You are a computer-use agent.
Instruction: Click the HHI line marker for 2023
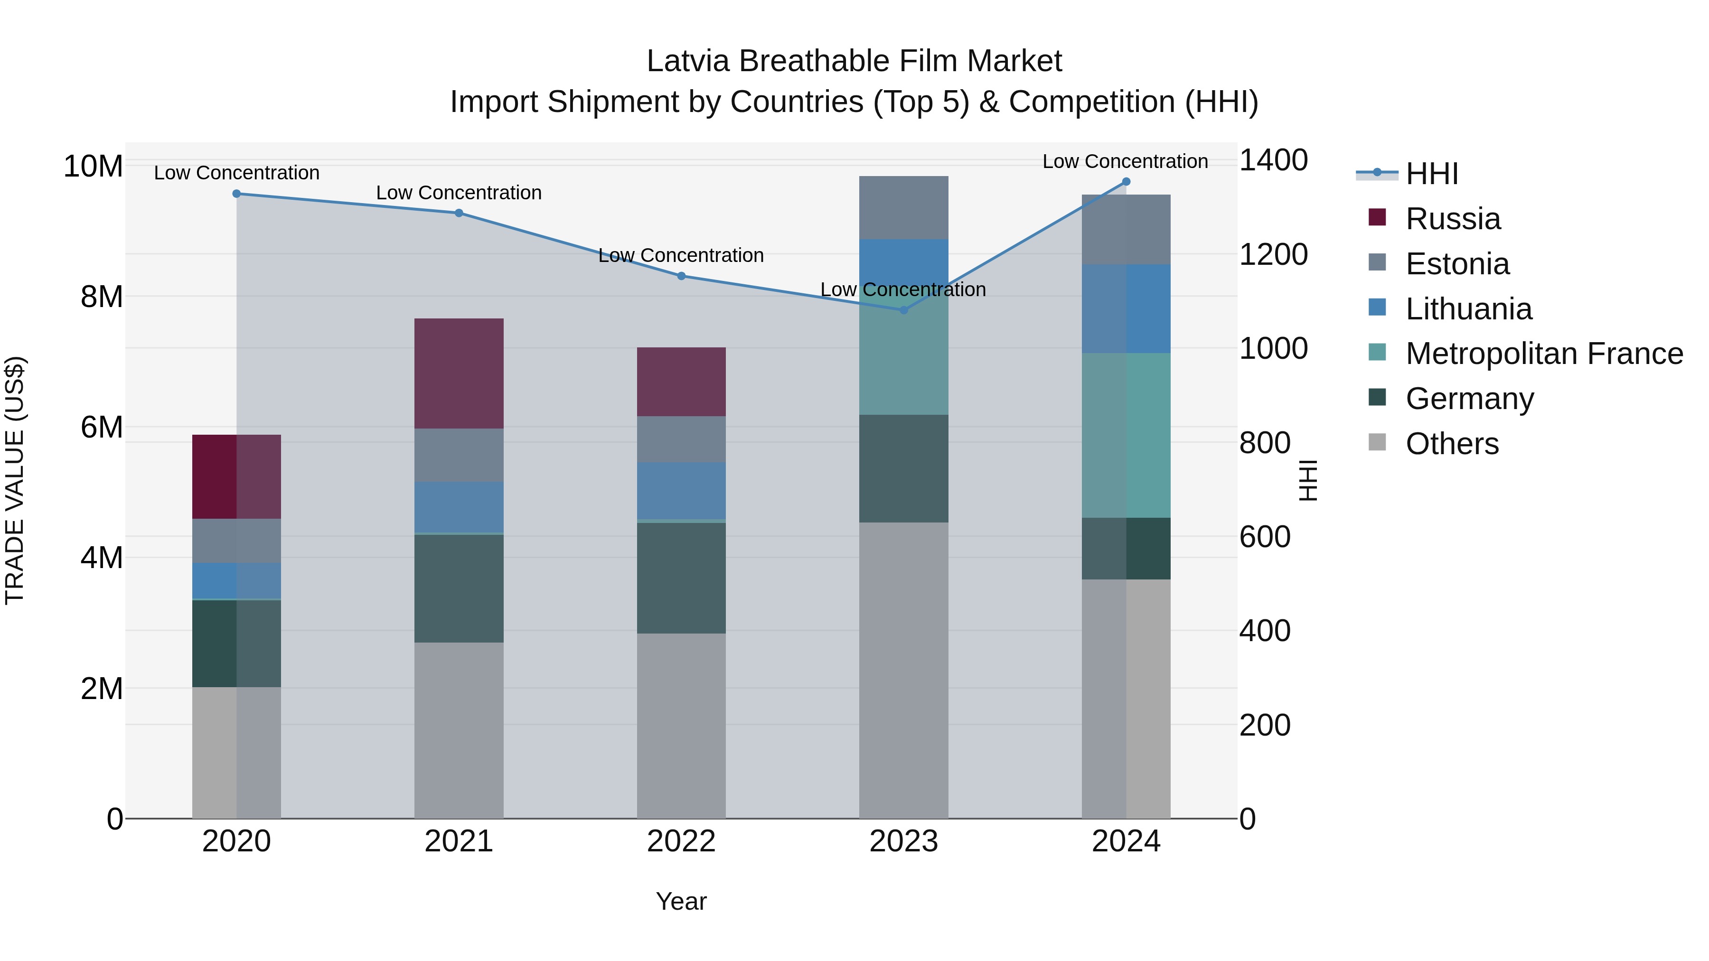[x=903, y=310]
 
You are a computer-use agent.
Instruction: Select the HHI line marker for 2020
[x=237, y=194]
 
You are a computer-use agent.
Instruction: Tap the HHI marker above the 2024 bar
[x=1126, y=182]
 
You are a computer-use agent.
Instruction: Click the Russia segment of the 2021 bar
[x=459, y=373]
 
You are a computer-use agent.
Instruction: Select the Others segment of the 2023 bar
[x=903, y=670]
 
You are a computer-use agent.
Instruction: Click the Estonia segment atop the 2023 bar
[x=903, y=207]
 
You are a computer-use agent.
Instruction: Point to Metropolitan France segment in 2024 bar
[x=1126, y=435]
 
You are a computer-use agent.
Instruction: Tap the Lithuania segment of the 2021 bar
[x=459, y=507]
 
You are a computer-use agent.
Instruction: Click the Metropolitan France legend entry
[x=1544, y=354]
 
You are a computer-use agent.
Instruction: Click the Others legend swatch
[x=1377, y=442]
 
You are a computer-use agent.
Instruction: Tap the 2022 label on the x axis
[x=681, y=841]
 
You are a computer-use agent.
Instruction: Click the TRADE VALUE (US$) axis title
[x=15, y=480]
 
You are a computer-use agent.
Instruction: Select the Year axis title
[x=681, y=901]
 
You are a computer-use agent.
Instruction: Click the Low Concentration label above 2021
[x=459, y=193]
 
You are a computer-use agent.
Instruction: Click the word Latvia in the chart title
[x=689, y=61]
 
